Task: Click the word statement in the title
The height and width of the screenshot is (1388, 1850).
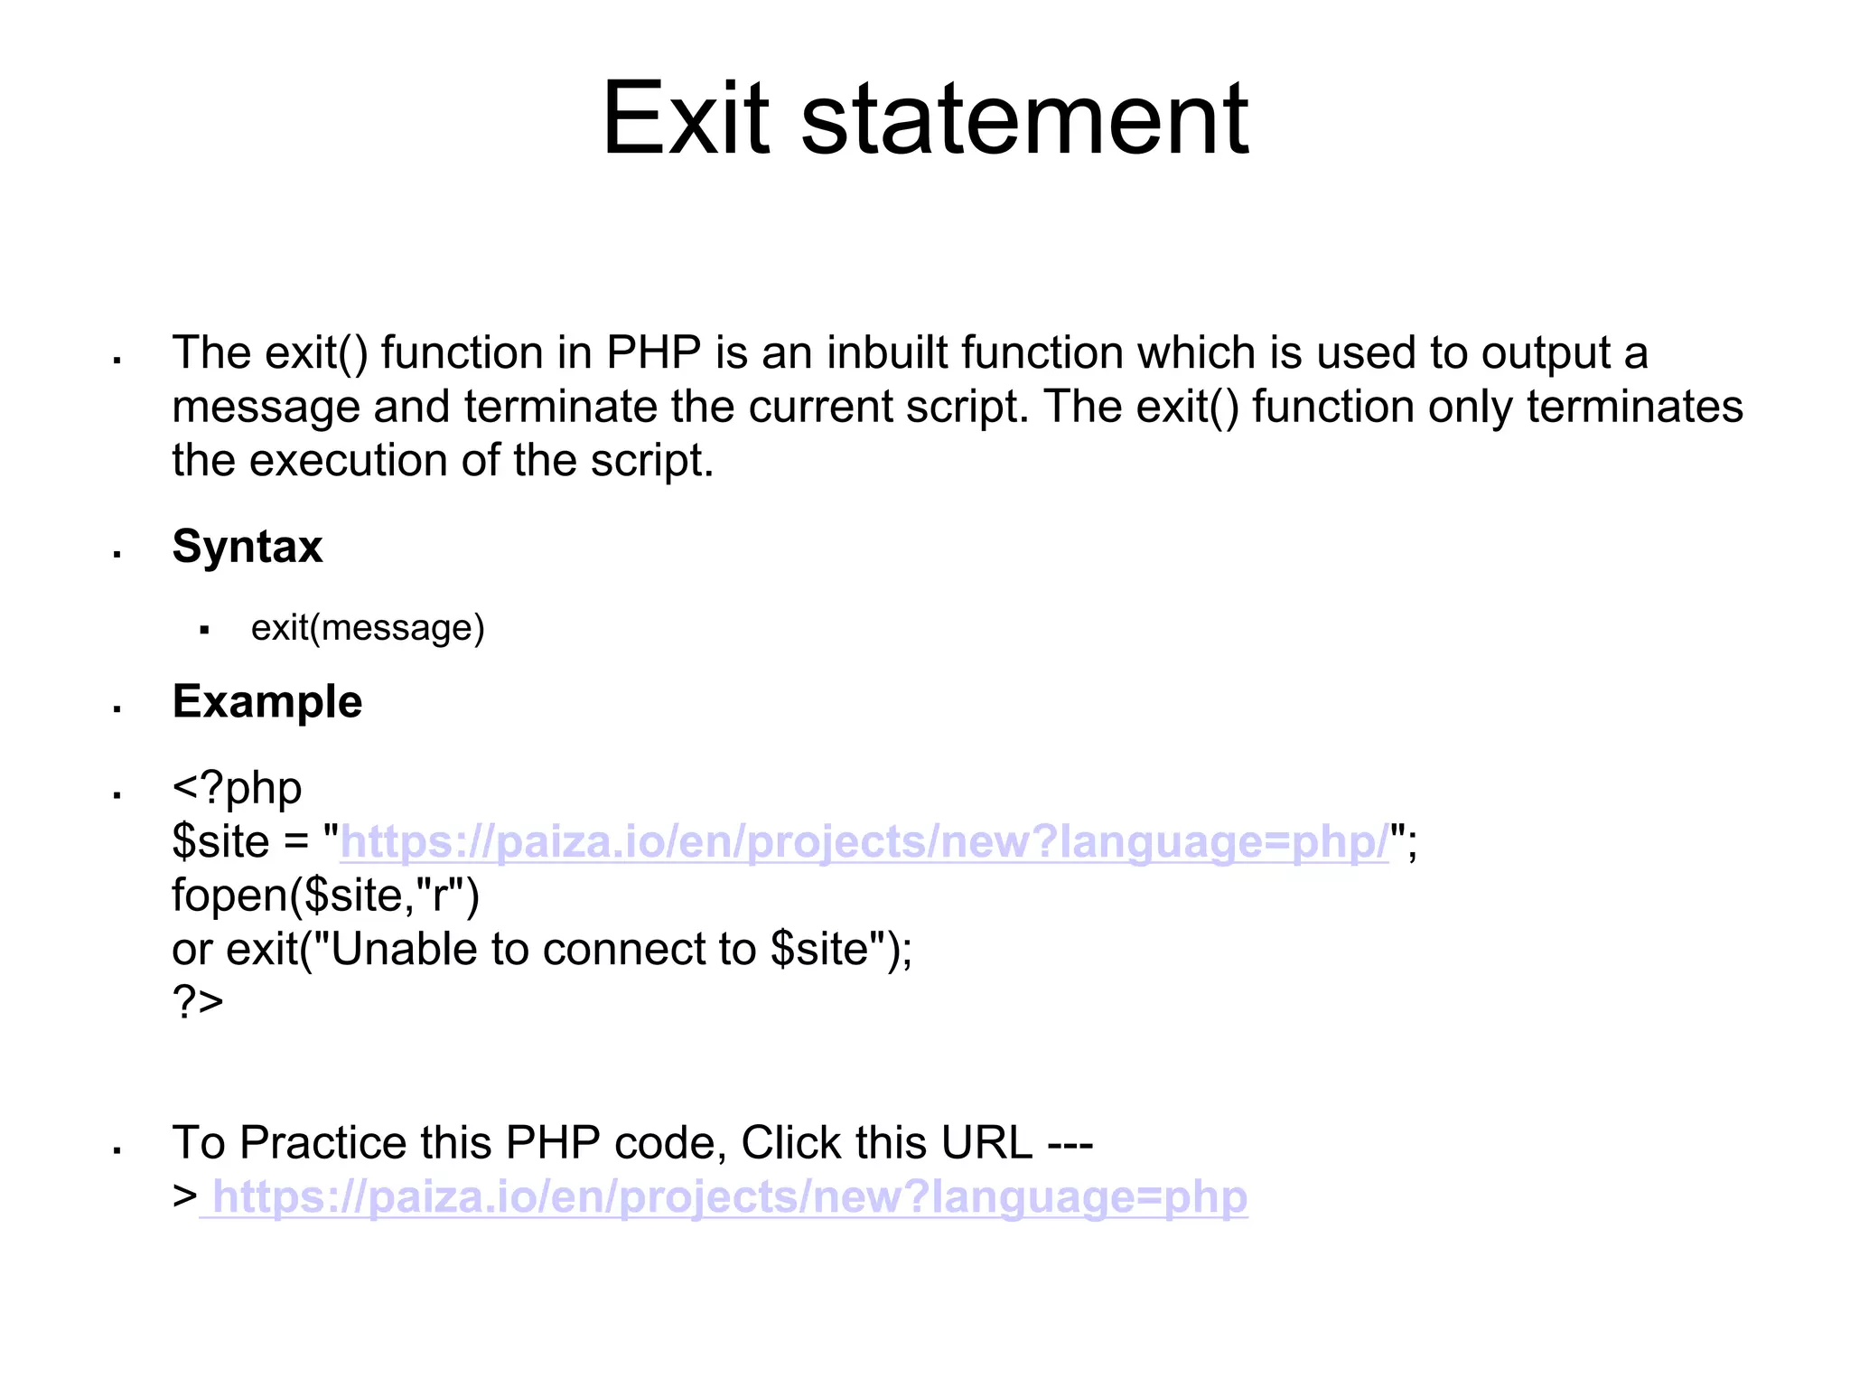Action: (1024, 119)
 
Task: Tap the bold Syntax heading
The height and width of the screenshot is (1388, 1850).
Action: (247, 547)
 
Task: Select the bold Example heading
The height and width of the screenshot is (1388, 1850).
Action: (267, 702)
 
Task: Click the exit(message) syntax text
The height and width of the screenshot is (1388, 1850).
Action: (368, 628)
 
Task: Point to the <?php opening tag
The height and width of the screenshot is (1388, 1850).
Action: (237, 788)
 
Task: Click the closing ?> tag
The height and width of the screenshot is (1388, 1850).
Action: (198, 1001)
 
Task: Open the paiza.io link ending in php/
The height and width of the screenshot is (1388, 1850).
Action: (864, 842)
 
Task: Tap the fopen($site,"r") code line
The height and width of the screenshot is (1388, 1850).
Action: (325, 896)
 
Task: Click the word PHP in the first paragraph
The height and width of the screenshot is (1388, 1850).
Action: (653, 352)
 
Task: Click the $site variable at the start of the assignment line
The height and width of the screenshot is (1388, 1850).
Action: (220, 842)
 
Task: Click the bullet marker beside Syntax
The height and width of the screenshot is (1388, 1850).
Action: (117, 554)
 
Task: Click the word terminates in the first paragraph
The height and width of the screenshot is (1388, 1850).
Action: (1634, 407)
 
